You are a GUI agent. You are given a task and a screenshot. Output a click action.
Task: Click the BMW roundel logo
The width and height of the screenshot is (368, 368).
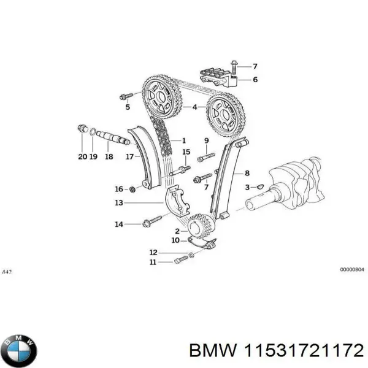tap(19, 351)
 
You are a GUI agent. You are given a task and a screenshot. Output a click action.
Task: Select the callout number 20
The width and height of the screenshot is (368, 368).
tap(82, 156)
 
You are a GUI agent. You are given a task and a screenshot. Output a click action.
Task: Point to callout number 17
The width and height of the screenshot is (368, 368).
tap(129, 156)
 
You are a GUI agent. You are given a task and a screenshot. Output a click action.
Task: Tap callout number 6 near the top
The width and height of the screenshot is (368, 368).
tap(255, 80)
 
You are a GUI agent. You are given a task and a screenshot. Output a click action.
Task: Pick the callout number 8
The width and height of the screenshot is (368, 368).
tap(247, 173)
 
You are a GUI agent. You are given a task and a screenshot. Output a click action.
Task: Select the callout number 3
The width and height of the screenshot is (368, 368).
tap(247, 187)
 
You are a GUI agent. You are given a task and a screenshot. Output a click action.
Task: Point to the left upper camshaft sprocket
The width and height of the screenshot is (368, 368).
tap(160, 98)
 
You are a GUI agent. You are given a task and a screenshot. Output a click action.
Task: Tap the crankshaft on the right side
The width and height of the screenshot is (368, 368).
tap(294, 184)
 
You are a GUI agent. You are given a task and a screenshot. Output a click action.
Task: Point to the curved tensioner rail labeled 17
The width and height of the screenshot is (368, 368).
tap(147, 159)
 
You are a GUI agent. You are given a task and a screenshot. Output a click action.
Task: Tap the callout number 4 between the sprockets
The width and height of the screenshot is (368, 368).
tap(194, 107)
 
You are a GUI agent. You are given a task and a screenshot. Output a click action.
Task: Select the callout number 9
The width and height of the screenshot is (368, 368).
tap(206, 141)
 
